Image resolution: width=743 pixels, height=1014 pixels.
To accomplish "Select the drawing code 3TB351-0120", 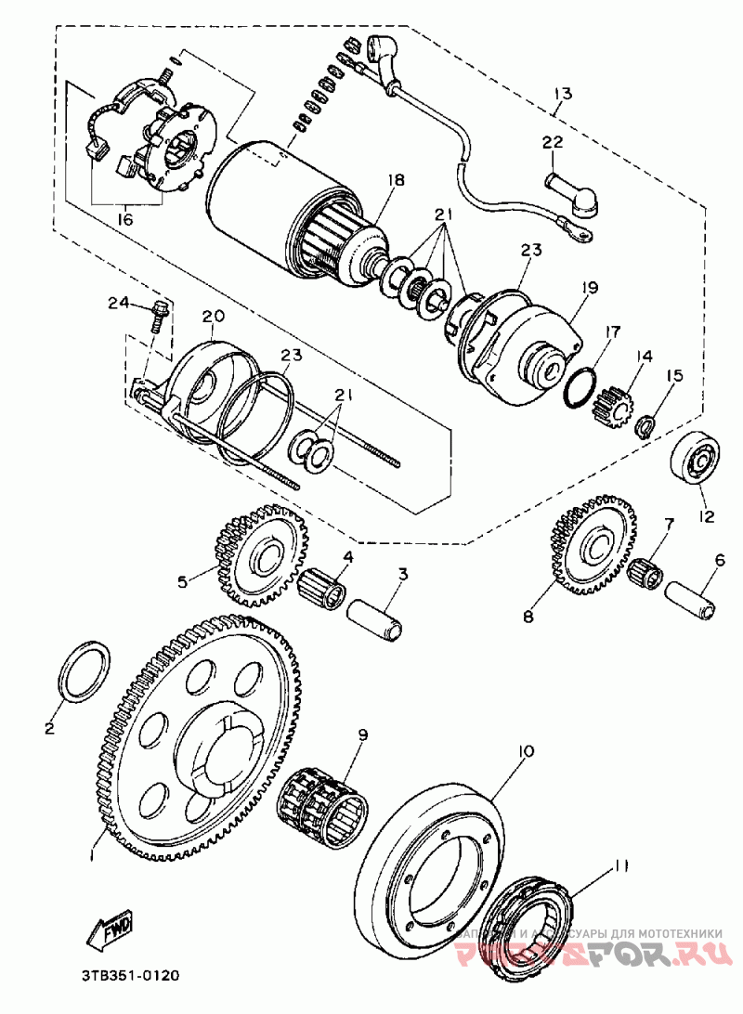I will pyautogui.click(x=129, y=976).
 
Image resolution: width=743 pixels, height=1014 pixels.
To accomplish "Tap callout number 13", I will pyautogui.click(x=563, y=93).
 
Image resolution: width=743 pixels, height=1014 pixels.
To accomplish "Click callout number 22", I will pyautogui.click(x=553, y=142).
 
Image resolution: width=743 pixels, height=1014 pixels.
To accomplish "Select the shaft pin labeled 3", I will pyautogui.click(x=375, y=616).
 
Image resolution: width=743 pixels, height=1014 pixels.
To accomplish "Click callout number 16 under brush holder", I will pyautogui.click(x=124, y=220).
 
